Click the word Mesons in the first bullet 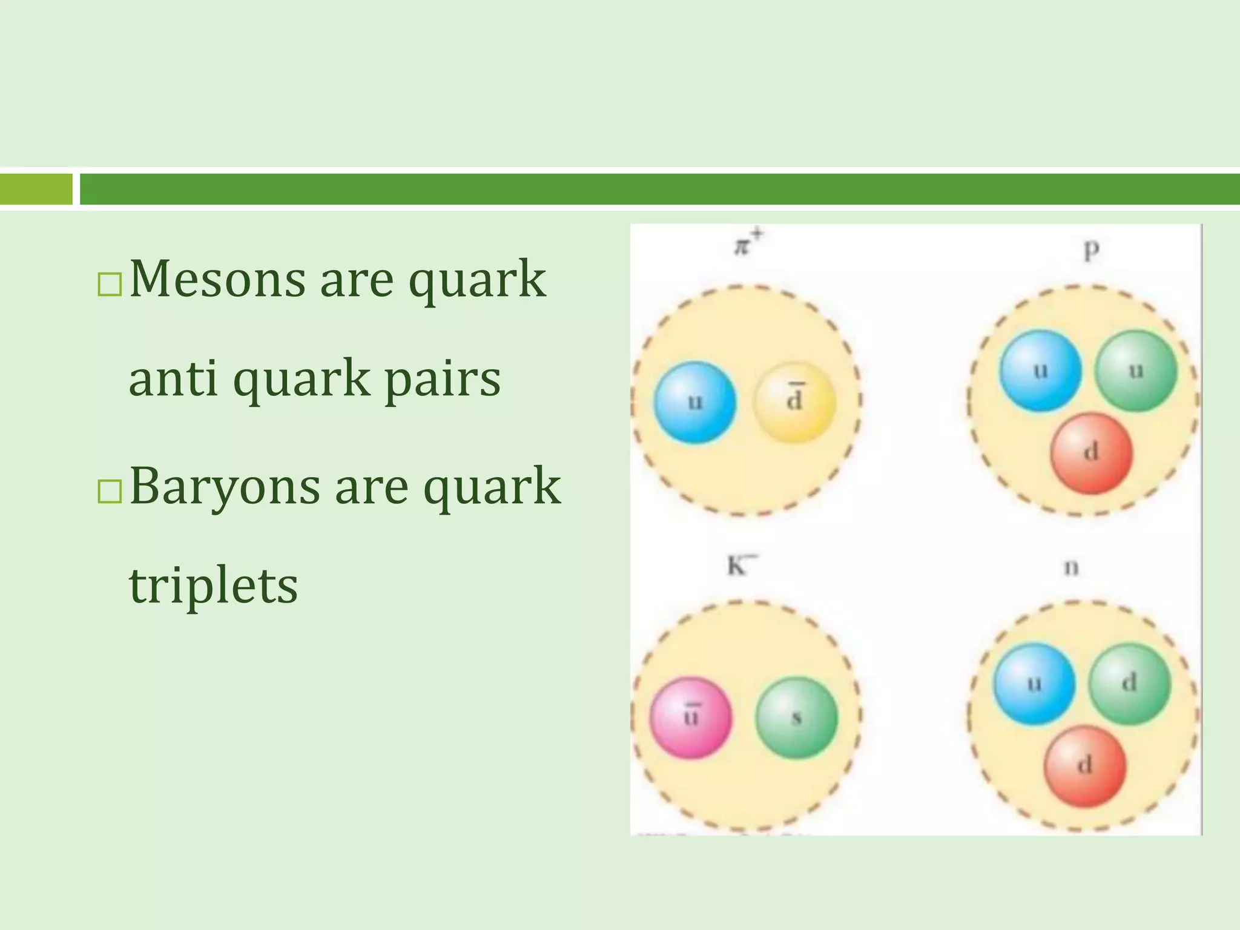217,279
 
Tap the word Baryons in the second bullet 224,486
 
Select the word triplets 213,586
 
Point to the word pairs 443,380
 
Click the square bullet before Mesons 110,284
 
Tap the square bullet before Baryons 110,491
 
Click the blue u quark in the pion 695,403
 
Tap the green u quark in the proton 1136,371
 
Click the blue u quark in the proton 1040,371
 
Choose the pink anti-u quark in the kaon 691,718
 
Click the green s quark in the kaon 797,718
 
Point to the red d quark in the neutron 1085,767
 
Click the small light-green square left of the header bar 36,189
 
